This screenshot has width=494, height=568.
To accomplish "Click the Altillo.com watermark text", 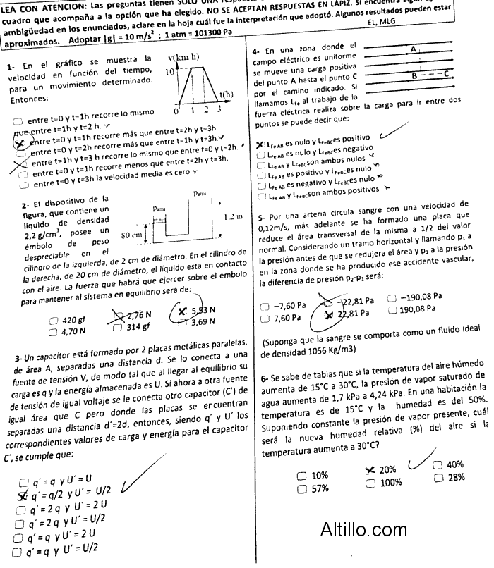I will click(x=363, y=529).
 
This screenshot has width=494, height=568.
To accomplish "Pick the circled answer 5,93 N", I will click(x=202, y=311).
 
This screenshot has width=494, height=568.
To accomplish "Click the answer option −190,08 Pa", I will click(x=421, y=296).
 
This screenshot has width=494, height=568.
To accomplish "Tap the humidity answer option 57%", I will click(x=319, y=488).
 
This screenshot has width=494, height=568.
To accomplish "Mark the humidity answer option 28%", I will click(x=455, y=477).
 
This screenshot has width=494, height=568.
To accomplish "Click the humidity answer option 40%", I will click(x=454, y=464).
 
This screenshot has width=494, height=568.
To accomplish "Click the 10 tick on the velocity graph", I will click(x=170, y=71).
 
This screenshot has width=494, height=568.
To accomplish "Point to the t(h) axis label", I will click(x=227, y=94).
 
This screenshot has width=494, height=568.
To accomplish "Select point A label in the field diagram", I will click(x=414, y=49).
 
